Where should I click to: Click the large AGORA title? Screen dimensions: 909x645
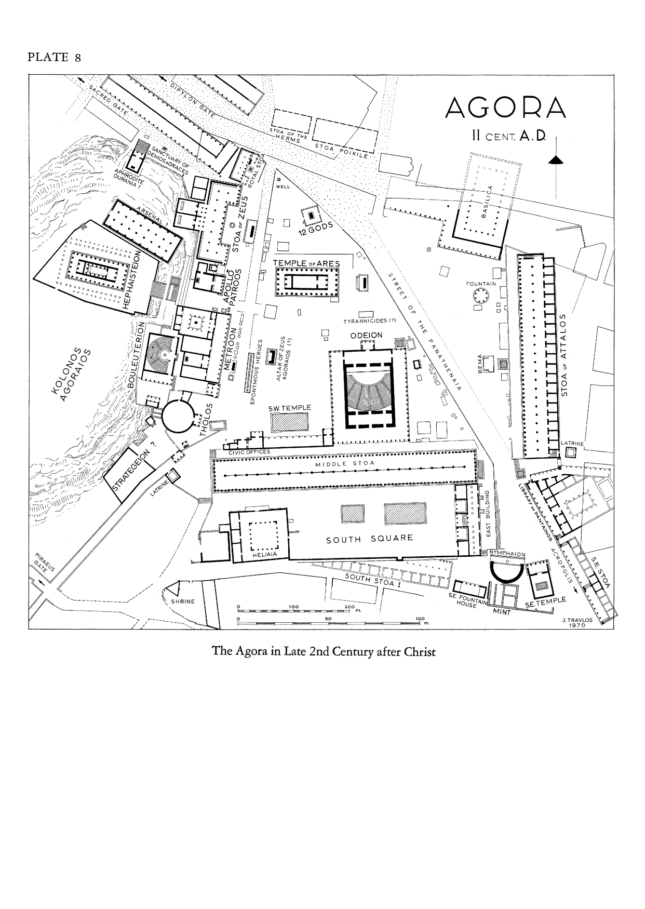point(505,108)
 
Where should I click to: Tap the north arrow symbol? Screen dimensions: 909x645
point(556,159)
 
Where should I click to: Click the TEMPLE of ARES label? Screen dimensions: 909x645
point(307,264)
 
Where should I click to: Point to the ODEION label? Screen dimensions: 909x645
point(366,335)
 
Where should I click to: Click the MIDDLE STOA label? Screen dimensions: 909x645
point(345,463)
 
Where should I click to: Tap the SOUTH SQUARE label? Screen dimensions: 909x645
point(369,539)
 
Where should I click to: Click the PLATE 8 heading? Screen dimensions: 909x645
point(53,57)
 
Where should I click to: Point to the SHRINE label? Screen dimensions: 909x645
point(182,601)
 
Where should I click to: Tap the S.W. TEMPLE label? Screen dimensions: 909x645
point(289,408)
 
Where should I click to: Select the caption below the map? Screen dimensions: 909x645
point(322,651)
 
